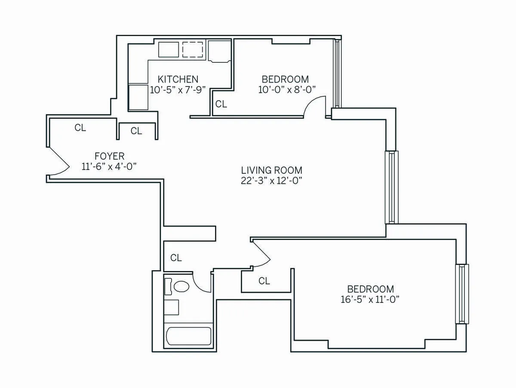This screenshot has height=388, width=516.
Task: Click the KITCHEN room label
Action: (x=178, y=79)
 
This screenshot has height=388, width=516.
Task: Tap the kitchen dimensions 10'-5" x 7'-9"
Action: (x=178, y=90)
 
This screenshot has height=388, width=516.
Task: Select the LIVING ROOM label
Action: (x=271, y=170)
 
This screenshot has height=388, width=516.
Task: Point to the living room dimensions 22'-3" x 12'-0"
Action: (x=271, y=181)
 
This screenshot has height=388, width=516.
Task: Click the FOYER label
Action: (x=109, y=156)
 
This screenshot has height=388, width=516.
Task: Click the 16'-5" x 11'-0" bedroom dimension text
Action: (x=370, y=300)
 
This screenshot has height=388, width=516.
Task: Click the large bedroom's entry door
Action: (x=261, y=255)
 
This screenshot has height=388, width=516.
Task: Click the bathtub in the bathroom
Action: (x=188, y=336)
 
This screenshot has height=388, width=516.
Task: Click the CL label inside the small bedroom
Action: (x=221, y=104)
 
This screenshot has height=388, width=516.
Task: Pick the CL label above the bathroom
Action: (x=176, y=258)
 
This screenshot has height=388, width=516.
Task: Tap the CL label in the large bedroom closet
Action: (x=264, y=281)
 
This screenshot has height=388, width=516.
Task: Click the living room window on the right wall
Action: (x=391, y=187)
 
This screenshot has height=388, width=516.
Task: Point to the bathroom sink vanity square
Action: (x=172, y=307)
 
